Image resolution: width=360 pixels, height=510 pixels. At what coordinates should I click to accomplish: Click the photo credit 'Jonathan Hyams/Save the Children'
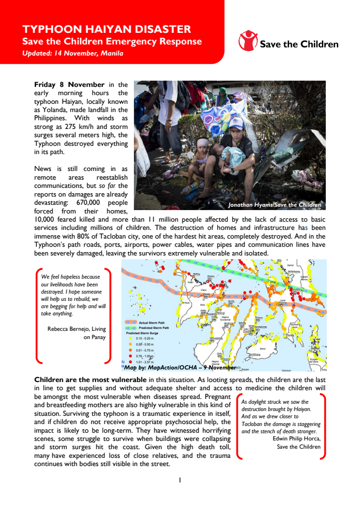point(274,205)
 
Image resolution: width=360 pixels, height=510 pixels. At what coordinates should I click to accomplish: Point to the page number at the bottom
point(180,480)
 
